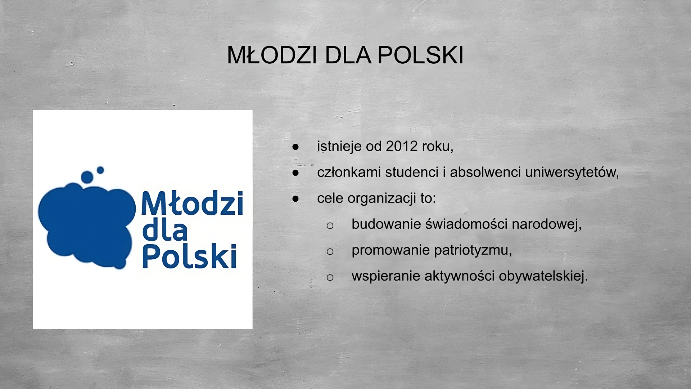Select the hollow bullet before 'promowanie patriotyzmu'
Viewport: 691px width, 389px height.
point(330,251)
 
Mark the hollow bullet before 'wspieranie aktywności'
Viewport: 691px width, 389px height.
point(330,277)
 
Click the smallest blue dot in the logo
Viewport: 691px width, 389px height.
point(100,170)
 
